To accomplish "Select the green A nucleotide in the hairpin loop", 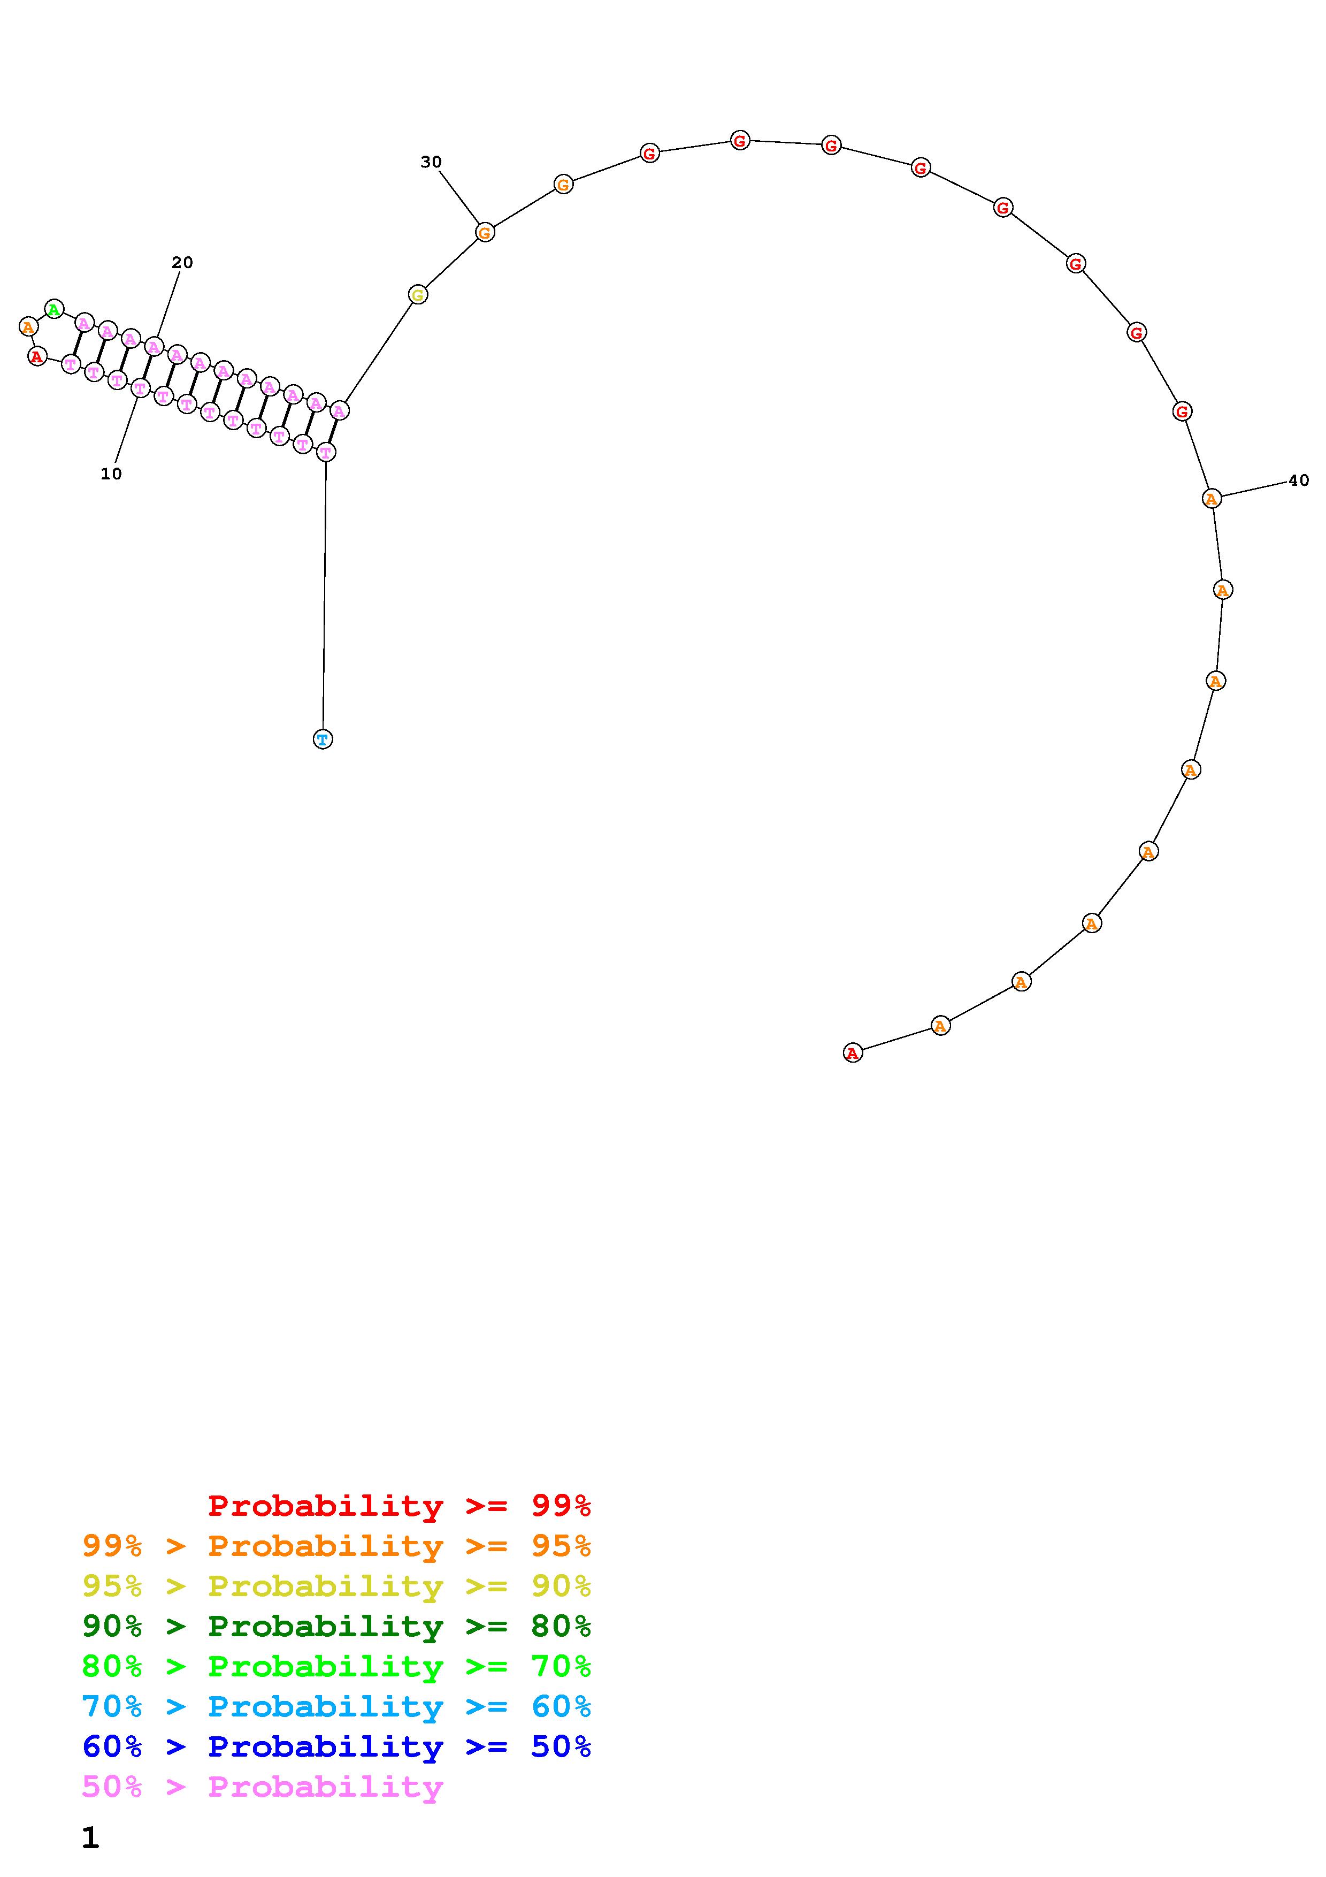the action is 54,309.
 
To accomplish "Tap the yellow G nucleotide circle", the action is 418,294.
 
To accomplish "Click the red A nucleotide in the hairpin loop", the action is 37,356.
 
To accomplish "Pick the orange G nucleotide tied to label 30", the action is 485,232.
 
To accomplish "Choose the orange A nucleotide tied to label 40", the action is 1212,498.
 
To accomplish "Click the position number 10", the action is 111,474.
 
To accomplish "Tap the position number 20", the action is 182,262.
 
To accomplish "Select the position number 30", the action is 431,162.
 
